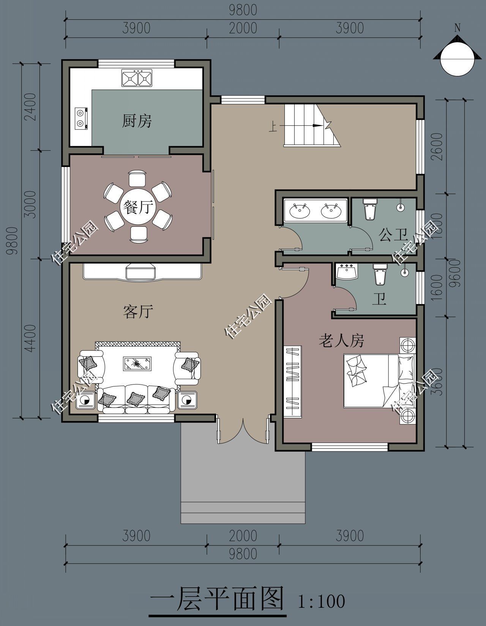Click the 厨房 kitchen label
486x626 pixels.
pos(137,121)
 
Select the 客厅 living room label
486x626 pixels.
pos(138,312)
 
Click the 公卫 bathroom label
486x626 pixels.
pos(393,235)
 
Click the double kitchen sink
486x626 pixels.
pos(136,78)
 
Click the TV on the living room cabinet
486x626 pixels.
pos(141,271)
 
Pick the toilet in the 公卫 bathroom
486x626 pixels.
pos(369,210)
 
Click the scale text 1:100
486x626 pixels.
pos(322,601)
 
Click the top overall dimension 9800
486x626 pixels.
pos(243,10)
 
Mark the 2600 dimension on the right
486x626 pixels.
pos(437,147)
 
